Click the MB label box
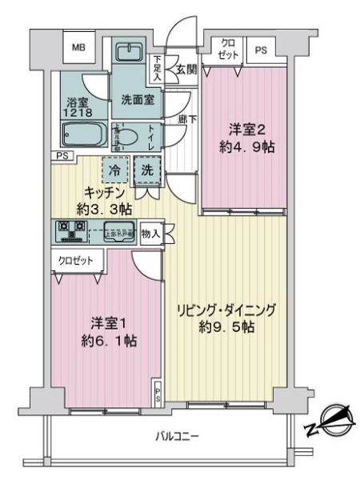pos(78,48)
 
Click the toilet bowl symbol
pos(130,138)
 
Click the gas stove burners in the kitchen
pos(72,232)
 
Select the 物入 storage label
pos(150,234)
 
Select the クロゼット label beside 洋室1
pos(74,260)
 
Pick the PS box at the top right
pos(260,50)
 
